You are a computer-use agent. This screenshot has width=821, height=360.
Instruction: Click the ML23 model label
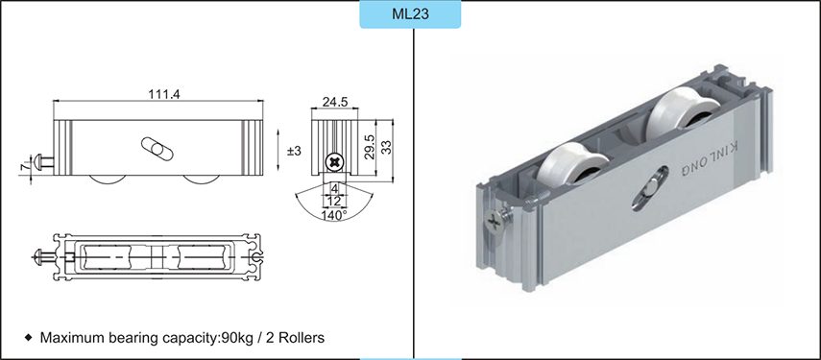pos(410,15)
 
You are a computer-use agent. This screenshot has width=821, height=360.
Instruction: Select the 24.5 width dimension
pos(334,100)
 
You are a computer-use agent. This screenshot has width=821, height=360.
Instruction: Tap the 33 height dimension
pos(388,146)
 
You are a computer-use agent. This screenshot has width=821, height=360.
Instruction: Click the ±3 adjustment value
pos(295,151)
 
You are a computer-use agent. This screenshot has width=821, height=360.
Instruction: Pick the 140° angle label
pos(334,216)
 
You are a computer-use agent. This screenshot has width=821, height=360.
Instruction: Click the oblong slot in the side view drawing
pos(155,149)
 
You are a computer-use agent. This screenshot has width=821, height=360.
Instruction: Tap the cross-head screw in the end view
pos(334,160)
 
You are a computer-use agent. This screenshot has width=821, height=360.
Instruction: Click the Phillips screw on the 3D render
pos(494,223)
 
